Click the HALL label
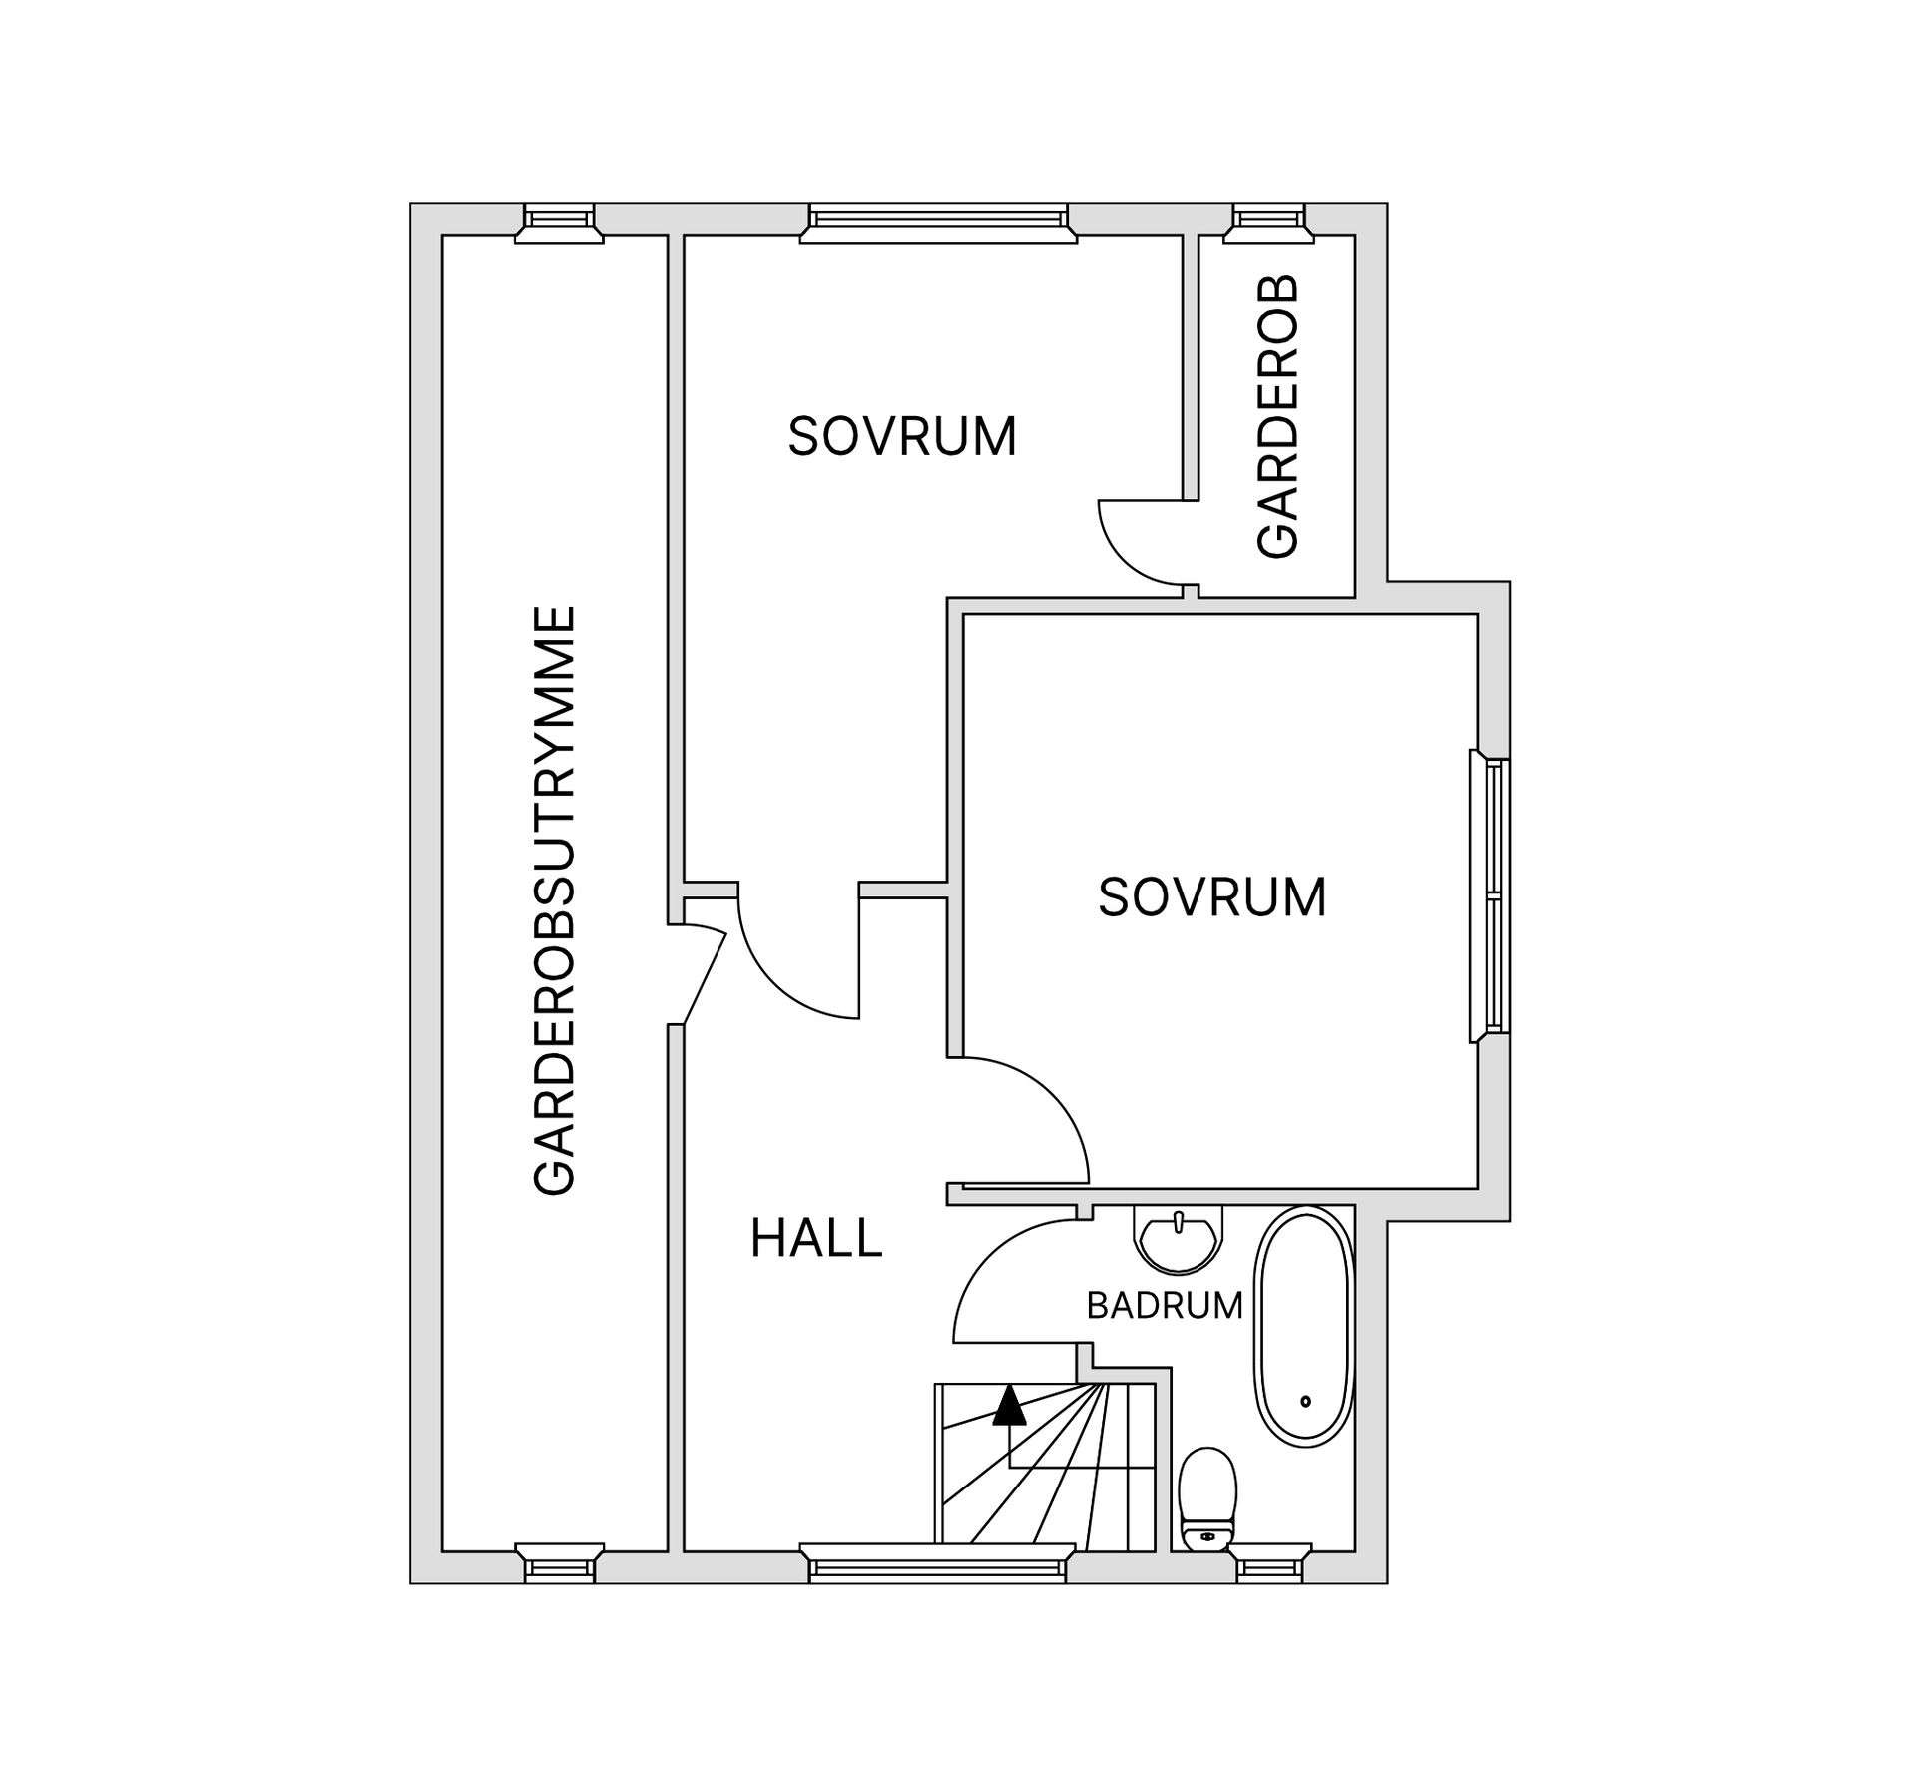[x=816, y=1239]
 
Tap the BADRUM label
[x=1164, y=1306]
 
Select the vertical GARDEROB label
[x=1278, y=416]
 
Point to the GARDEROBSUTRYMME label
[x=555, y=899]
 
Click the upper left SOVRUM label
[x=902, y=436]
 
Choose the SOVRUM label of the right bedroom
[x=1211, y=896]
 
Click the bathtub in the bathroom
[x=1302, y=1327]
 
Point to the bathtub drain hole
[x=1305, y=1402]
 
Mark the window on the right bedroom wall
[x=1492, y=896]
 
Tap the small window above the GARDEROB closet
[x=1269, y=222]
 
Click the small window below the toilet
[x=1269, y=1565]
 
